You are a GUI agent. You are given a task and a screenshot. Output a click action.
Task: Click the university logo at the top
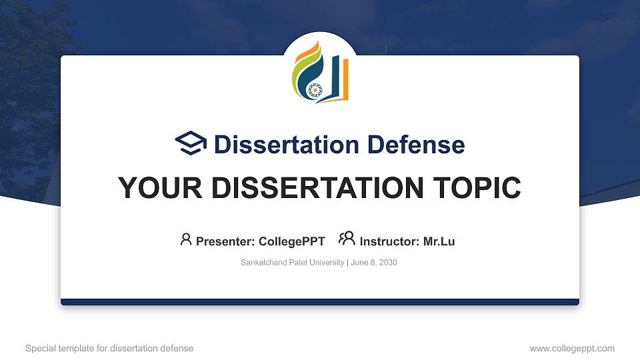click(320, 72)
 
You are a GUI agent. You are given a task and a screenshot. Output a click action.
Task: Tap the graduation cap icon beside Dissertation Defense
click(191, 143)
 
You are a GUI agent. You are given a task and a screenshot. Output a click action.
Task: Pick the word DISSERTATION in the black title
click(307, 188)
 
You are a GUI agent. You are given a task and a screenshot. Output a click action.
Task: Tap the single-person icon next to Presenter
click(186, 239)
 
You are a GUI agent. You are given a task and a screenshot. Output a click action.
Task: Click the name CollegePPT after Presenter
click(292, 241)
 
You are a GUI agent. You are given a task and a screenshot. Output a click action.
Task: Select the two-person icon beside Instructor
click(347, 239)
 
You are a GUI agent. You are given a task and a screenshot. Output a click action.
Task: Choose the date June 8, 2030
click(373, 263)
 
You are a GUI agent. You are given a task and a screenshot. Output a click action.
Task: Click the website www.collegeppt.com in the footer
click(572, 348)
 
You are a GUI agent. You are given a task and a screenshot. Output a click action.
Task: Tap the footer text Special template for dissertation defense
click(109, 348)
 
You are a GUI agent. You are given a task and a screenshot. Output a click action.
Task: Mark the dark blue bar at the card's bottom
click(320, 302)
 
